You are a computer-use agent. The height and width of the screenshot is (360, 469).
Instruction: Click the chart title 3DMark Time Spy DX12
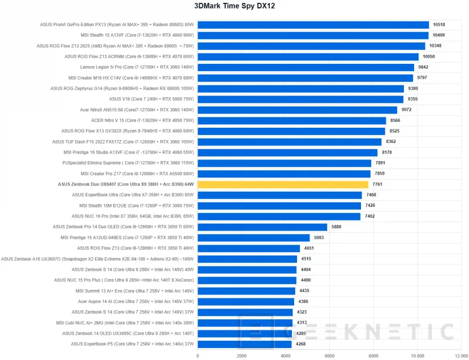coord(234,6)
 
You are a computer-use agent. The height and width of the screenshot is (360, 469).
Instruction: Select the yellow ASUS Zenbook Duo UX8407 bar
coord(283,184)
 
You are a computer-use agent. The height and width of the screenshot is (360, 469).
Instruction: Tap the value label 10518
coord(439,24)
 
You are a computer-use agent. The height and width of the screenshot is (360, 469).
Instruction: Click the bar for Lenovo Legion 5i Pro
coord(306,67)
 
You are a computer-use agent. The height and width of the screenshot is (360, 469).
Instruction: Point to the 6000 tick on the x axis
coord(329,355)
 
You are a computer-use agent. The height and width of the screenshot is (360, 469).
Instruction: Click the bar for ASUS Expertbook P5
coord(244,344)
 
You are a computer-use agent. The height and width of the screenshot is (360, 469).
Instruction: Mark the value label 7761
coord(378,184)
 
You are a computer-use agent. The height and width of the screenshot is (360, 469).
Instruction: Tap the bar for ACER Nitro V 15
coord(292,120)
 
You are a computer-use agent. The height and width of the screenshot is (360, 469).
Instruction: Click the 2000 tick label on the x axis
coord(242,355)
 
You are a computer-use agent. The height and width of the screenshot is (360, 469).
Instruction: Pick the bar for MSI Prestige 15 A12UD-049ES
coord(253,237)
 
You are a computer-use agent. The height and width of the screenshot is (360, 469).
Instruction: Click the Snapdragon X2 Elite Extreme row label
coord(97,259)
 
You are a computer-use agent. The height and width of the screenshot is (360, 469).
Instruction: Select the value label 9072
coord(407,110)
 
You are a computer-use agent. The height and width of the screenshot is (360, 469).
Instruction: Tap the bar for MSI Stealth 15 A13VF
coord(313,35)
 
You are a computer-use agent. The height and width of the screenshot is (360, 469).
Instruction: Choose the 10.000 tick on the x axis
coord(417,355)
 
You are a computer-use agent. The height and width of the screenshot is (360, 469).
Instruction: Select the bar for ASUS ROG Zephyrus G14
coord(300,88)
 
